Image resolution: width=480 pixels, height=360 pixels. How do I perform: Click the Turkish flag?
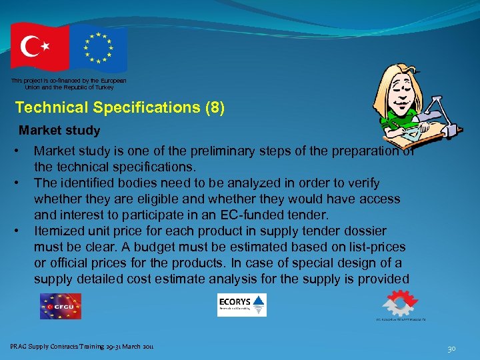coord(39,46)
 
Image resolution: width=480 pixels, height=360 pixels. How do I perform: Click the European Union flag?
coord(98,47)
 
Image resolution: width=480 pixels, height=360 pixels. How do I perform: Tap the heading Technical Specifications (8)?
coord(120,107)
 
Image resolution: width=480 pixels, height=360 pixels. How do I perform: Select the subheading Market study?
coord(59,131)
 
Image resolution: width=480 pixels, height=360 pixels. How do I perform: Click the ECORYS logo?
coord(241,305)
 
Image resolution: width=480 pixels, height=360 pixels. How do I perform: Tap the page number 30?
coord(451,348)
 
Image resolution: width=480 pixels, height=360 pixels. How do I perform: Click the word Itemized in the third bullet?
coord(61,231)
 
